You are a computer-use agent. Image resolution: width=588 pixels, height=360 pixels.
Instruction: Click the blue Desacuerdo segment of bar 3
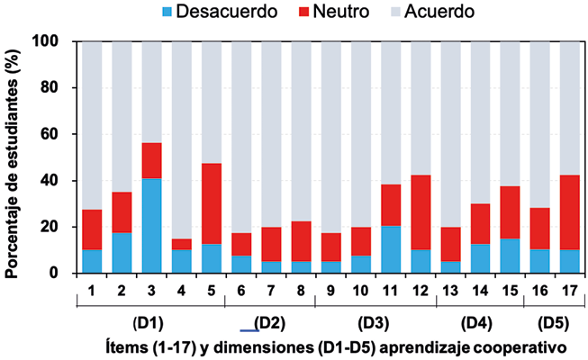coord(151,226)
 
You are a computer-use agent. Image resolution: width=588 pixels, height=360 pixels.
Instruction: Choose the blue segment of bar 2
coord(122,253)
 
